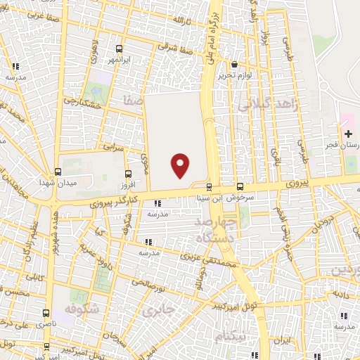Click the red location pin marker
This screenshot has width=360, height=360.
click(x=181, y=165)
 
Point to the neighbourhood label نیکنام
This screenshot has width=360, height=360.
click(x=232, y=336)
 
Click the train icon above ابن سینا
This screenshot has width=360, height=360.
click(x=209, y=186)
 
